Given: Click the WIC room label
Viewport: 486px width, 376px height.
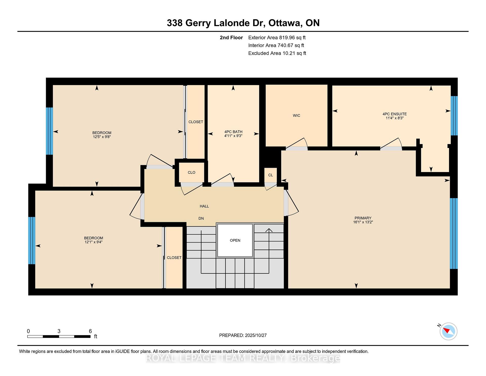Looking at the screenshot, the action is pos(296,116).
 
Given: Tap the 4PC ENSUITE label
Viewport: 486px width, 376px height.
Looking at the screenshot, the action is pos(395,114).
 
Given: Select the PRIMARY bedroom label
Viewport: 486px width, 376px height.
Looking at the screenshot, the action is pos(363,218).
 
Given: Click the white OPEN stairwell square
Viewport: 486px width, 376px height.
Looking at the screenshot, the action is pos(235,240).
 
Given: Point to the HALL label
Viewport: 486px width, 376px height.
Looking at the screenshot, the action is pos(204,206).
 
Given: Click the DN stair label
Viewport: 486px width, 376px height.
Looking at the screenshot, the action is pos(201,218).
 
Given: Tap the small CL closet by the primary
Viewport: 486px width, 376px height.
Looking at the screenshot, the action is pos(271,175).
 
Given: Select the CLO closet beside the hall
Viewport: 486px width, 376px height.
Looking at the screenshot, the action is pos(192,173).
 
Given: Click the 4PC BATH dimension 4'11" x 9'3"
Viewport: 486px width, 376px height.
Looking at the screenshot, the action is pos(233,136).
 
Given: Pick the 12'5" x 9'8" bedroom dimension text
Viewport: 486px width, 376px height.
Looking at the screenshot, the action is pos(102,137).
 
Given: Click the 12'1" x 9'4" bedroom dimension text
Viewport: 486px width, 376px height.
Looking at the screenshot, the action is pos(93,242).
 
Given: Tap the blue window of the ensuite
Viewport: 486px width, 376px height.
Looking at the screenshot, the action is pos(454,116).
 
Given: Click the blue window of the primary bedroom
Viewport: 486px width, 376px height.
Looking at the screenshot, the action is pos(454,233).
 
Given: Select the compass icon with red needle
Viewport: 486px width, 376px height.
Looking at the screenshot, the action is pos(449,331).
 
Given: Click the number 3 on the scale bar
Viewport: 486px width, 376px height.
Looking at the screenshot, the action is pos(59,331).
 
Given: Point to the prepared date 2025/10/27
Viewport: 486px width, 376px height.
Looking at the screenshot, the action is pos(256,335).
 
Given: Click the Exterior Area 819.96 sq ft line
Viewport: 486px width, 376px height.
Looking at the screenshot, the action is pos(277,37).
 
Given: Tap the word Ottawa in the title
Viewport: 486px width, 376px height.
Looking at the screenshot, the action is pos(285,23).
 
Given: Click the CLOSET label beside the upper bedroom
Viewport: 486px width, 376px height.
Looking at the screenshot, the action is pos(196,122).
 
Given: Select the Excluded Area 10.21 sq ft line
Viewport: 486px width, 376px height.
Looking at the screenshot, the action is pos(277,53).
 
